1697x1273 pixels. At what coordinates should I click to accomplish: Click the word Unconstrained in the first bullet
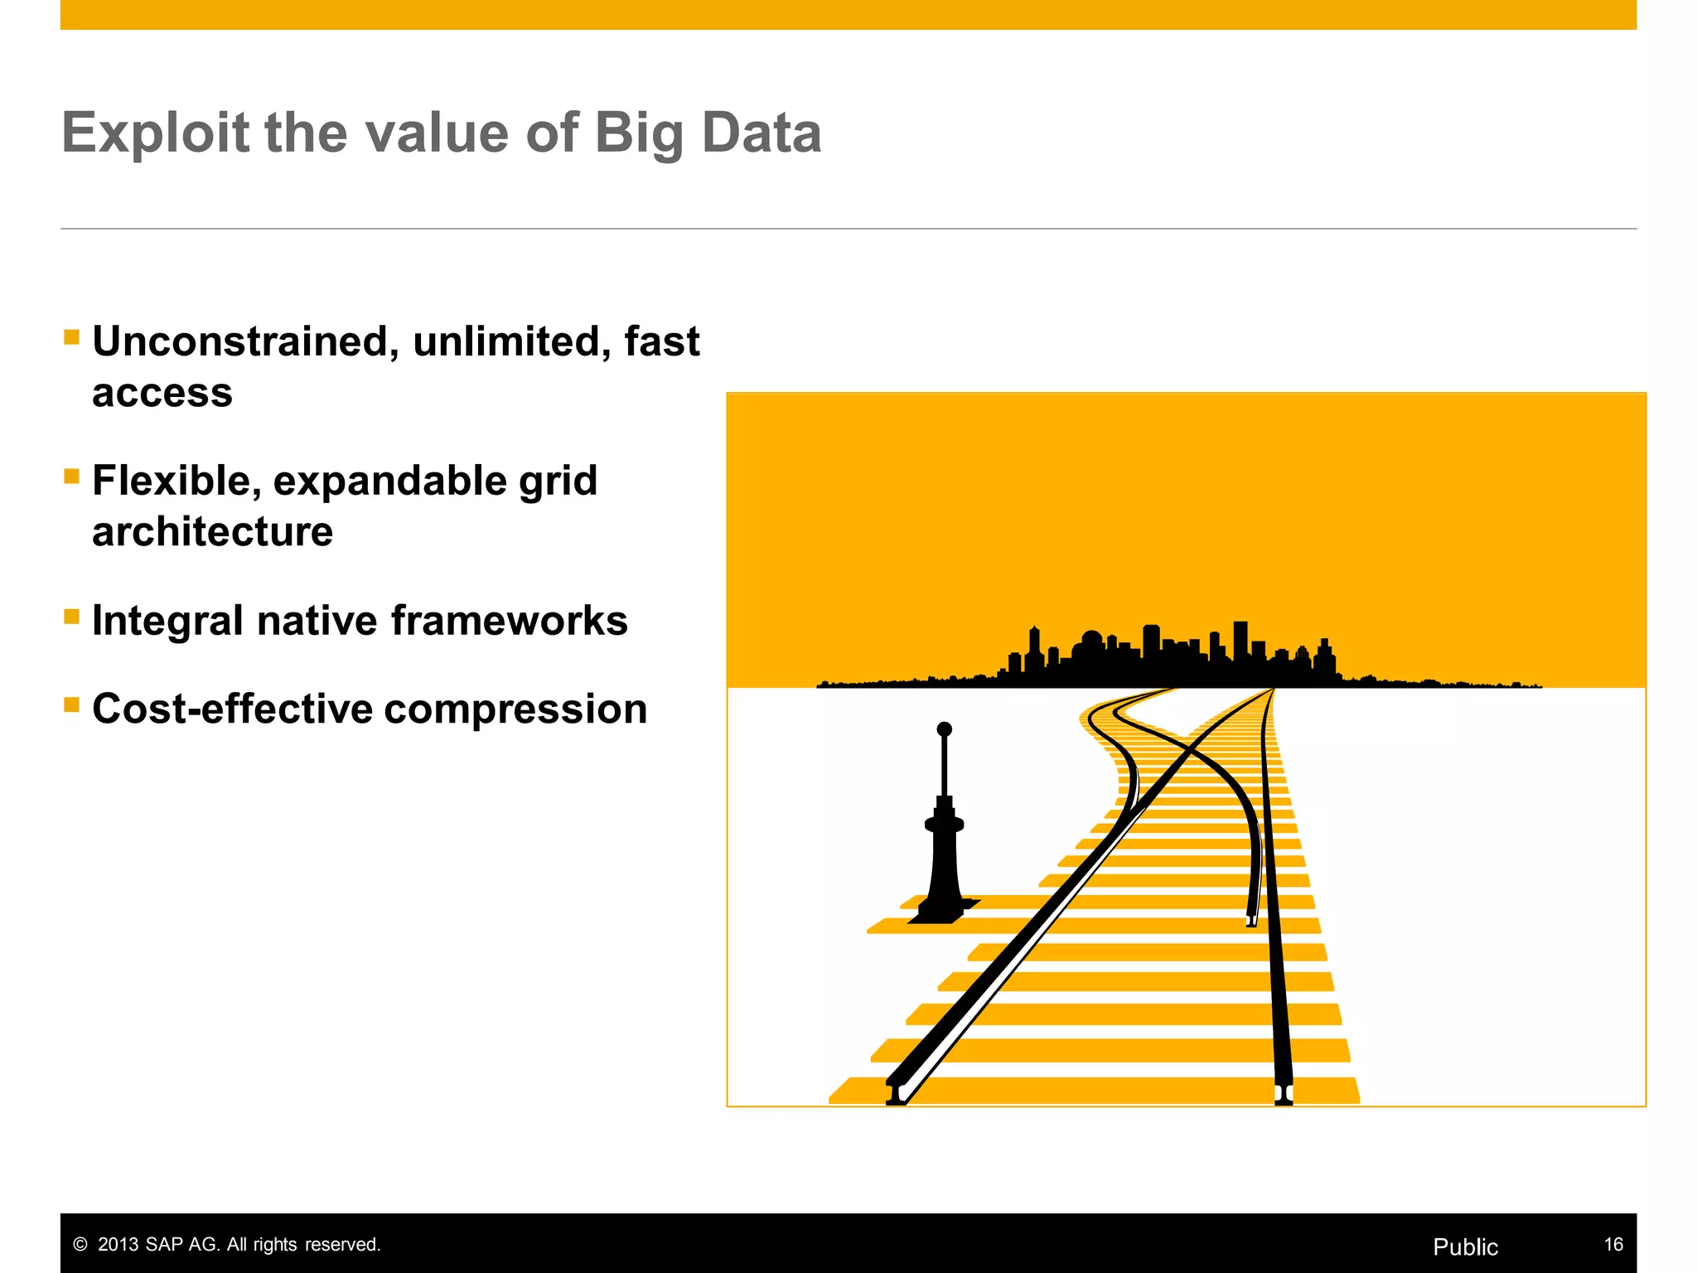coord(240,341)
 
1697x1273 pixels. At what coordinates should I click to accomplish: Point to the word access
coord(162,393)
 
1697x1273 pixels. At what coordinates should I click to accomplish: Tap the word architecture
coord(212,531)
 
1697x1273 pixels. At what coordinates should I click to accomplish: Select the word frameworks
coord(509,621)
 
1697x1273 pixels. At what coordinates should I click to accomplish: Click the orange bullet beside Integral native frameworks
coord(71,616)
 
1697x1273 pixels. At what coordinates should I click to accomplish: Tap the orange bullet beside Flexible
coord(71,477)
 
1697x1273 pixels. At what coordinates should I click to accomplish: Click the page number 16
coord(1612,1244)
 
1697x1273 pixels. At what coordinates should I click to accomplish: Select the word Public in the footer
coord(1465,1246)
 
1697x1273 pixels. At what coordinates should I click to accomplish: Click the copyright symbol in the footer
coord(80,1245)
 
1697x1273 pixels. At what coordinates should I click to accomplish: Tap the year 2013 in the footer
coord(118,1245)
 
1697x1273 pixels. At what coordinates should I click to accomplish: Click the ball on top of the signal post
coord(944,729)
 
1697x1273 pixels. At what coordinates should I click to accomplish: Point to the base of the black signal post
coord(941,912)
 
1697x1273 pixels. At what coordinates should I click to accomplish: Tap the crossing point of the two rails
coord(1190,748)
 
